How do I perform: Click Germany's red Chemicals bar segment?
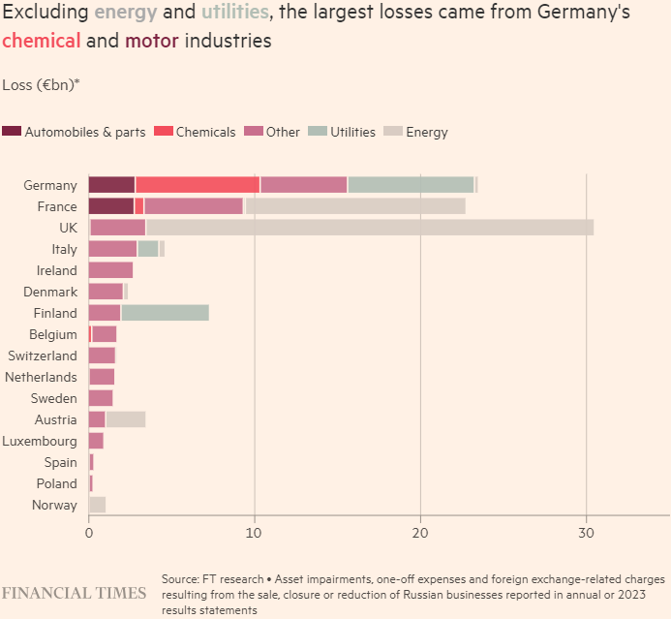198,185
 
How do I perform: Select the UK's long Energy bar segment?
369,228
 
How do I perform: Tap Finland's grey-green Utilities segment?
165,313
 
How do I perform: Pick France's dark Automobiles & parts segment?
111,206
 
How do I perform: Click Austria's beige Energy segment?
125,419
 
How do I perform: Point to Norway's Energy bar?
97,505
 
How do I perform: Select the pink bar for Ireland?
110,270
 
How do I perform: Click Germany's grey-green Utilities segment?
411,185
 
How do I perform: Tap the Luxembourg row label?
41,441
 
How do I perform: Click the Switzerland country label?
43,356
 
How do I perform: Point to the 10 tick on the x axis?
254,532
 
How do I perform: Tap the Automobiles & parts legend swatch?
12,132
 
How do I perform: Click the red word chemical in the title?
42,42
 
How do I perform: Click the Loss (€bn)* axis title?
42,84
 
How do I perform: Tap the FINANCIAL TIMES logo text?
74,593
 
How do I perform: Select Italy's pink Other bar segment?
112,249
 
